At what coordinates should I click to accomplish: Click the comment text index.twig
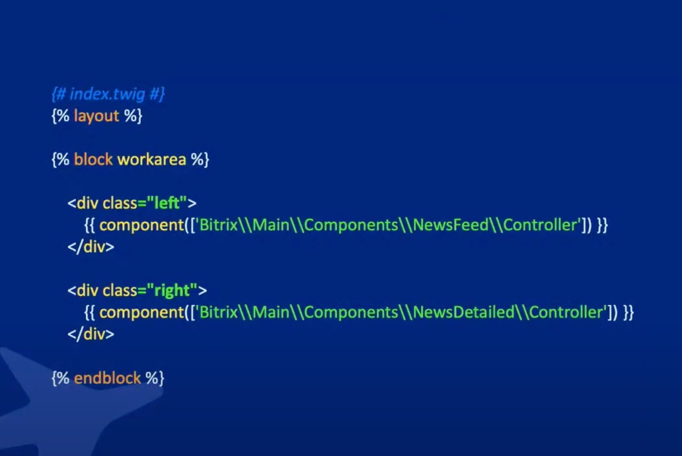(x=108, y=94)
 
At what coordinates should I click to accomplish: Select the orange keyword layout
(x=96, y=116)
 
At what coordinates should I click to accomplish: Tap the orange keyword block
(x=93, y=159)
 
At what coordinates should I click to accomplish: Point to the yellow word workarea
(x=152, y=159)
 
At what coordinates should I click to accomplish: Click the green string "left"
(x=167, y=203)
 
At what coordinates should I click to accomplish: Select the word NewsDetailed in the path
(x=463, y=312)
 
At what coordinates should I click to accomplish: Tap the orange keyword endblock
(x=107, y=378)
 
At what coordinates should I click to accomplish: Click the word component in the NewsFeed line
(x=141, y=225)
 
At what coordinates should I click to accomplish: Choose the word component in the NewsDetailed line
(x=141, y=312)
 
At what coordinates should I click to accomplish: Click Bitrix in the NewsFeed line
(x=218, y=225)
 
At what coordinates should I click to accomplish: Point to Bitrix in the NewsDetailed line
(x=218, y=312)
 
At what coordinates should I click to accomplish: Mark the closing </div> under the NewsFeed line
(x=91, y=247)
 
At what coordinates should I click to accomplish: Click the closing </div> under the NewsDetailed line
(x=91, y=334)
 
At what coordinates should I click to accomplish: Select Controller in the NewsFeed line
(x=541, y=225)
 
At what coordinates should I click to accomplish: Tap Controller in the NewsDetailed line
(x=567, y=312)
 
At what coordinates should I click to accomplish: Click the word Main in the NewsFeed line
(x=271, y=225)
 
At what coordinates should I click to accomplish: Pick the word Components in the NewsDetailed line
(x=351, y=312)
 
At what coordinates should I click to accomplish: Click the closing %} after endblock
(x=155, y=378)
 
